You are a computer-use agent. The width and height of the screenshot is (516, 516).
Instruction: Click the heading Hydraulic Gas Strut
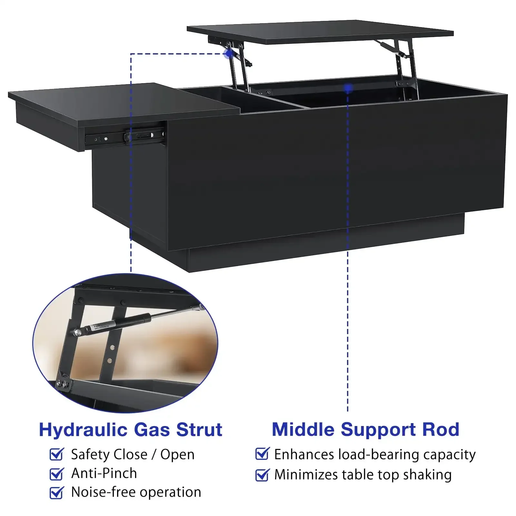point(131,430)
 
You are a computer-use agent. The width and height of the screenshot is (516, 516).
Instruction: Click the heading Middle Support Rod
point(365,430)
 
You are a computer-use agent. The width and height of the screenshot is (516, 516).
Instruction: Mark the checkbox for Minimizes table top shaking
point(262,475)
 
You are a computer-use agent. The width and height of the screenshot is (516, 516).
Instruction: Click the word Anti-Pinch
point(104,473)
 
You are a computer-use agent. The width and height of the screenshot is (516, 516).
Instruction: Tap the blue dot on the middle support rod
point(348,88)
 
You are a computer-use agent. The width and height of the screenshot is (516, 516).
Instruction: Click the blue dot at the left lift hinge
point(229,54)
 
